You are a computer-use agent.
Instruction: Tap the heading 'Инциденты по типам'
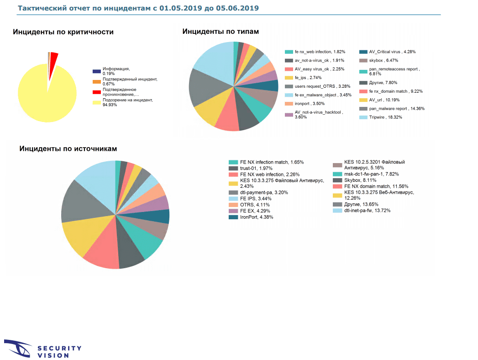tap(221, 32)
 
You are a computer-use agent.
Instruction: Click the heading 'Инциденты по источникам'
tap(68, 149)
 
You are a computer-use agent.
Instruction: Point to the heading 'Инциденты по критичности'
tap(63, 32)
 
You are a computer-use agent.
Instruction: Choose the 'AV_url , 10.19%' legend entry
tap(383, 100)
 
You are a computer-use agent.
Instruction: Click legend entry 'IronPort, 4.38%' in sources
tap(256, 217)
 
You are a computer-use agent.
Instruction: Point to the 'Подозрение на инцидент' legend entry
tap(121, 102)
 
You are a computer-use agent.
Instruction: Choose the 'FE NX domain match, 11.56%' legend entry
tap(370, 187)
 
